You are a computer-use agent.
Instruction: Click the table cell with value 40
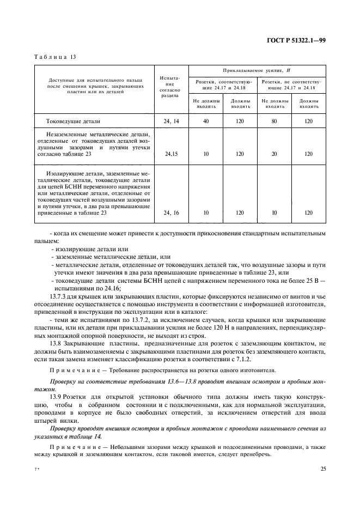(206, 122)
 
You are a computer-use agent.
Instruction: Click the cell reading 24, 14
(170, 122)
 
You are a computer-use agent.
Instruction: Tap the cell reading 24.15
(170, 154)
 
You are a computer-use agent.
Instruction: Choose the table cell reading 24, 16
(170, 213)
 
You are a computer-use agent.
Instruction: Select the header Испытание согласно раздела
(170, 87)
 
